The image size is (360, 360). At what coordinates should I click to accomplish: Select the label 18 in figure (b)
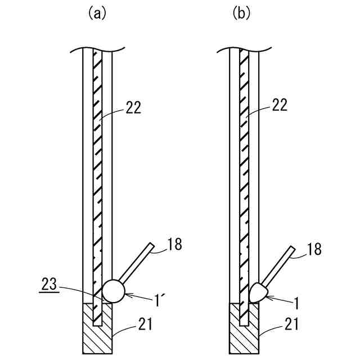tap(315, 250)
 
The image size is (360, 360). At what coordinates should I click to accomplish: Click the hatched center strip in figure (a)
tap(98, 169)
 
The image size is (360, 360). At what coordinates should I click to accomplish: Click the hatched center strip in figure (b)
tap(244, 169)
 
